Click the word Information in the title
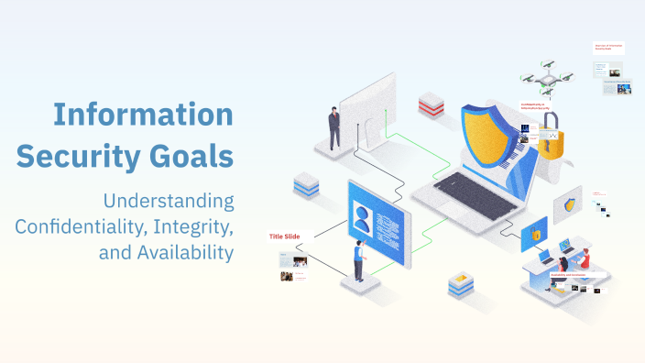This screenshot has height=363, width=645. coord(142,115)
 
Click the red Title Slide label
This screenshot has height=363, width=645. coord(285,236)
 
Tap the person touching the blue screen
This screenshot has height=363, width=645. coord(359,261)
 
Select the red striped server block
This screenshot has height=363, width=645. coord(431,104)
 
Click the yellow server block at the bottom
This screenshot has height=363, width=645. coord(460,285)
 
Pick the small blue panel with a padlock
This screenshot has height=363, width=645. coord(534,234)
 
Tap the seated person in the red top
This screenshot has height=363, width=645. coord(583,260)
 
